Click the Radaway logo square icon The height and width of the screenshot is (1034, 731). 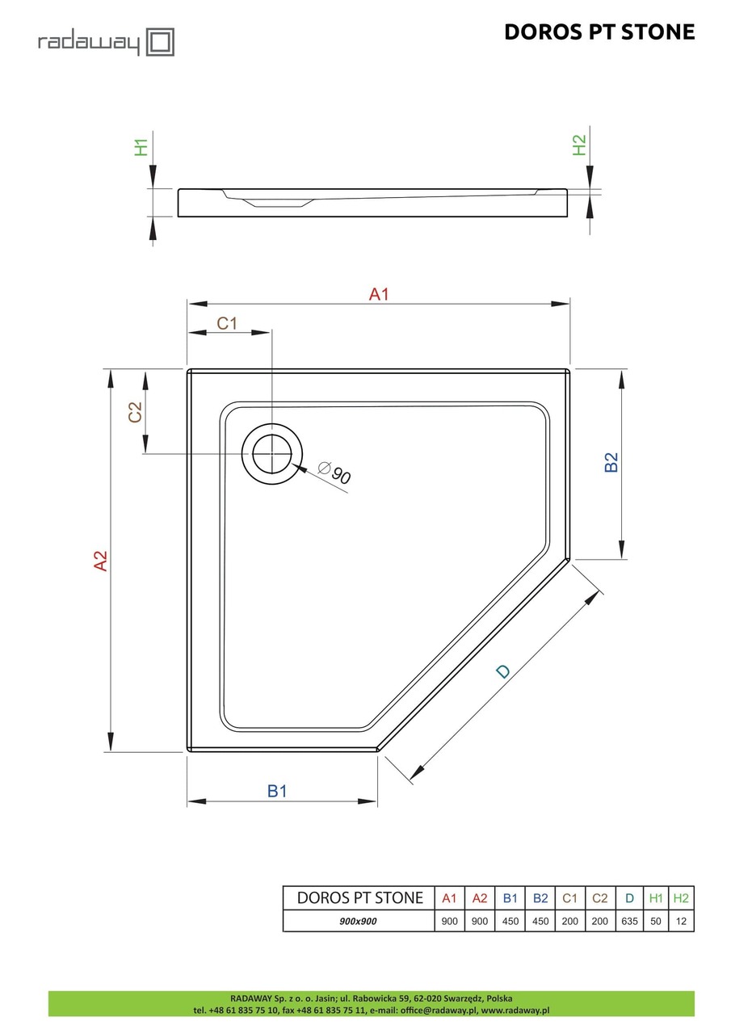[x=160, y=41]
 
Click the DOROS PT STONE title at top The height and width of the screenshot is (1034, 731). [x=599, y=32]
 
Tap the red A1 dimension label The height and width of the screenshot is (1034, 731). [x=379, y=295]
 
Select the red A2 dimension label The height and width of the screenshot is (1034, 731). [x=100, y=561]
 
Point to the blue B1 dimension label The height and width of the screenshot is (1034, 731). [x=277, y=791]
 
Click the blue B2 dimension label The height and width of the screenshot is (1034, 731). [x=611, y=462]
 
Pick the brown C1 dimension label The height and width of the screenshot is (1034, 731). [x=227, y=323]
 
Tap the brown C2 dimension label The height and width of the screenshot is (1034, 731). [x=135, y=412]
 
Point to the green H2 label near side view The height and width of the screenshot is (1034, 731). [x=578, y=145]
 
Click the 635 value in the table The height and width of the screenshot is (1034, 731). [x=628, y=921]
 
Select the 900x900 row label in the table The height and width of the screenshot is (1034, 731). [x=359, y=921]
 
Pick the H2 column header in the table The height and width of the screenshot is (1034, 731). [x=681, y=898]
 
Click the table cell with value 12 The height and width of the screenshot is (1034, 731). [x=681, y=921]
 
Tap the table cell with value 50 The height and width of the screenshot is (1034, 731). [x=656, y=921]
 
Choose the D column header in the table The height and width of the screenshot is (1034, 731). [x=628, y=898]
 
